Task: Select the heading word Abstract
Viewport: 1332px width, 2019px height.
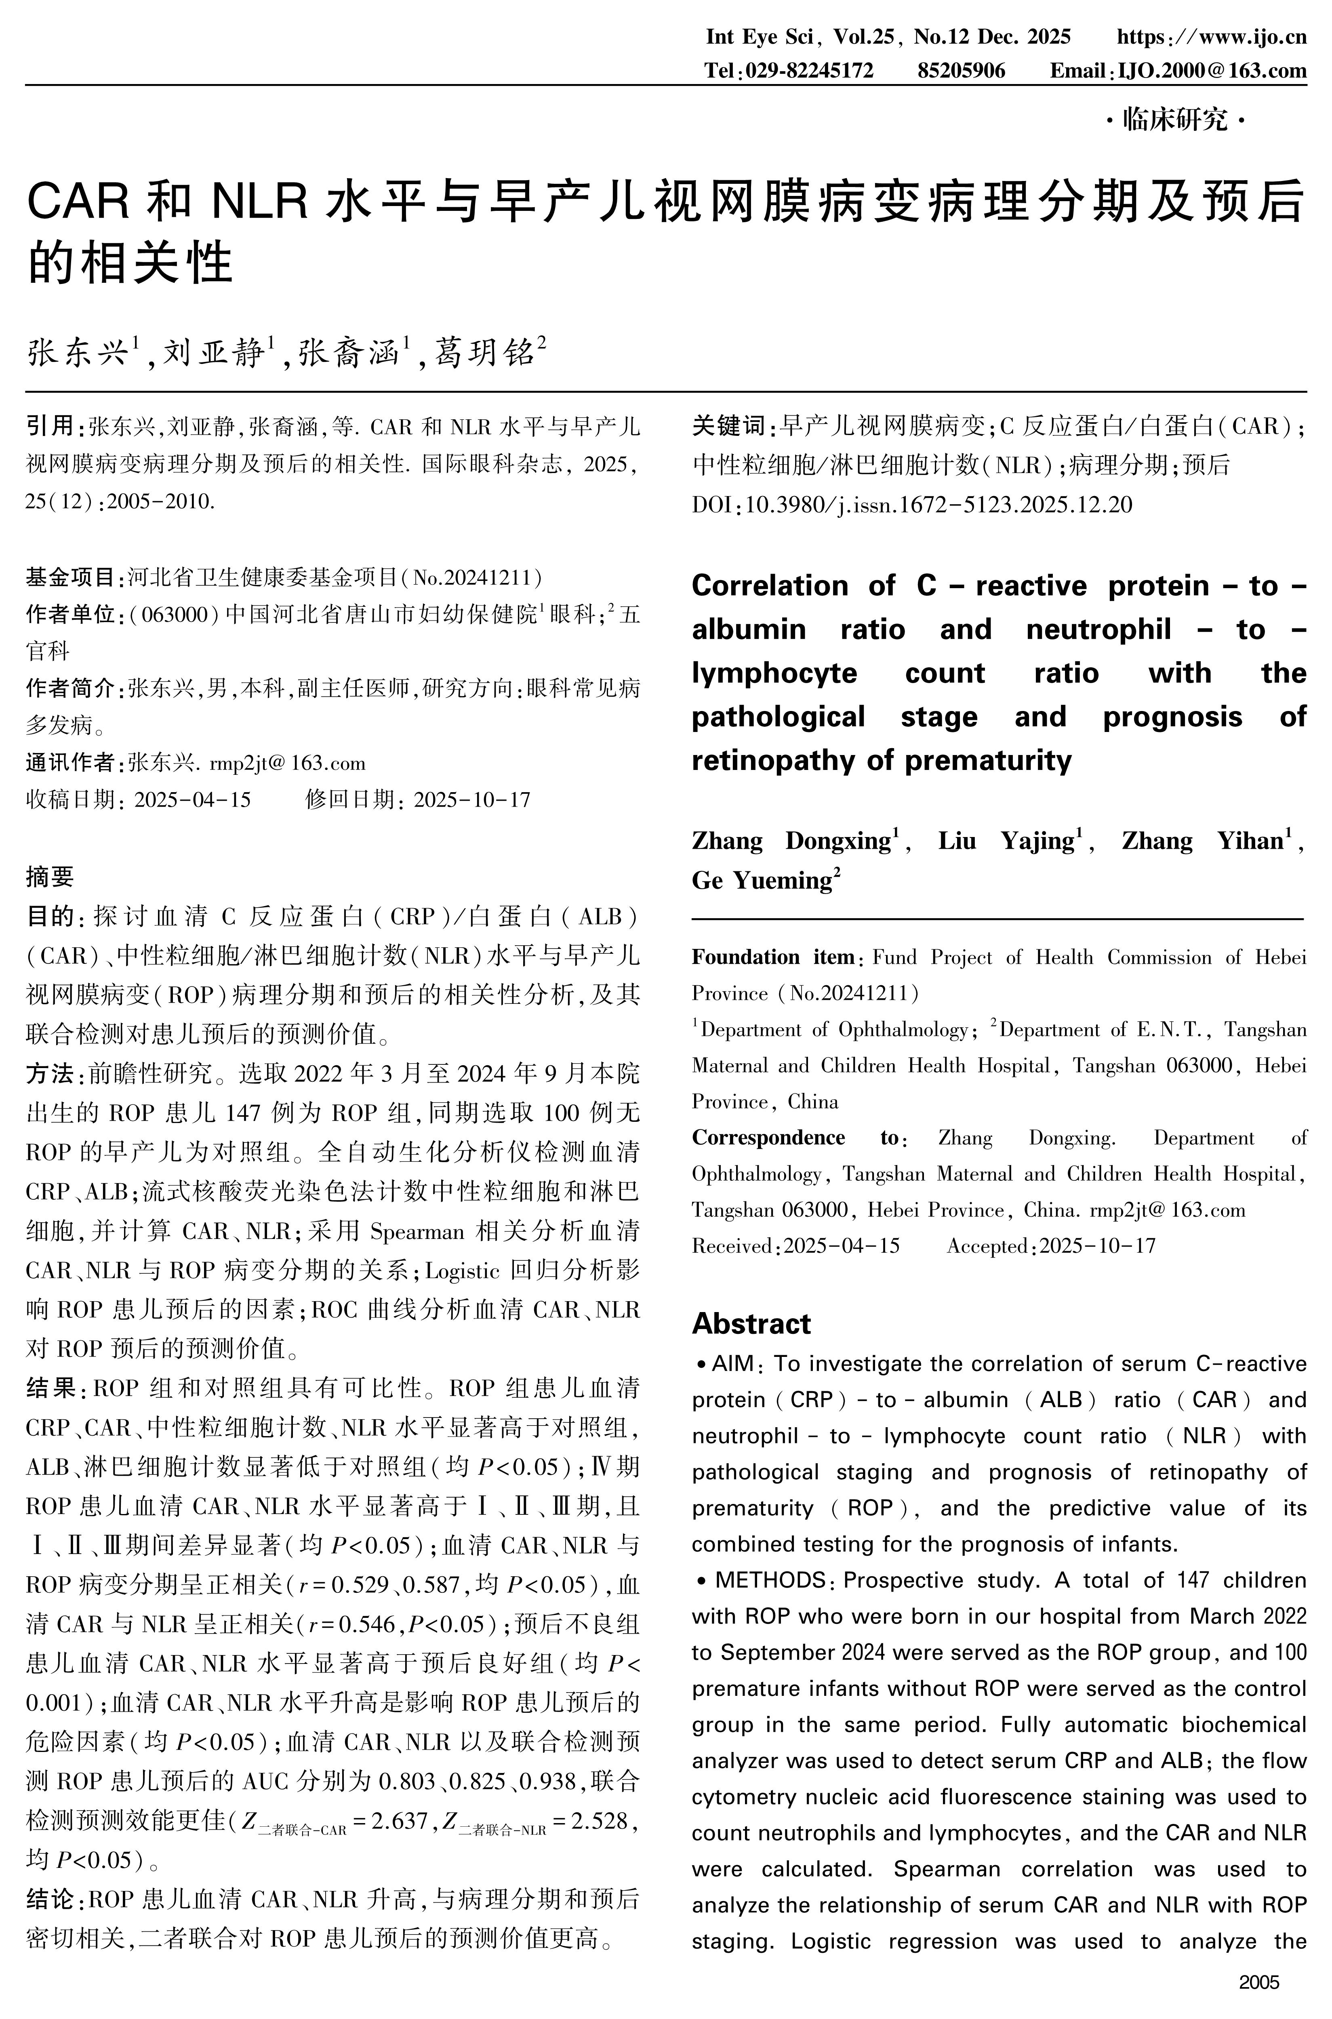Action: tap(751, 1323)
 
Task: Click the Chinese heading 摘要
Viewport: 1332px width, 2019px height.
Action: tap(50, 876)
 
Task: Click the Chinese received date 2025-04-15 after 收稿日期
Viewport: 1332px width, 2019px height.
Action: tap(193, 800)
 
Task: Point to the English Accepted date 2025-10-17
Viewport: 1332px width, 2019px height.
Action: tap(1098, 1246)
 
